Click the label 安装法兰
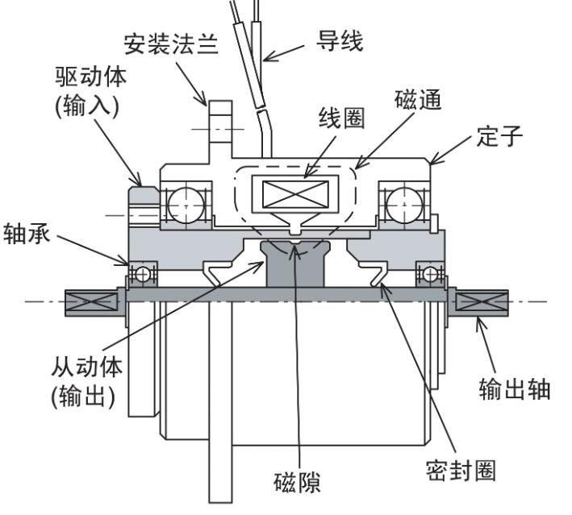click(172, 43)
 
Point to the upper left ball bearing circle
click(185, 203)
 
